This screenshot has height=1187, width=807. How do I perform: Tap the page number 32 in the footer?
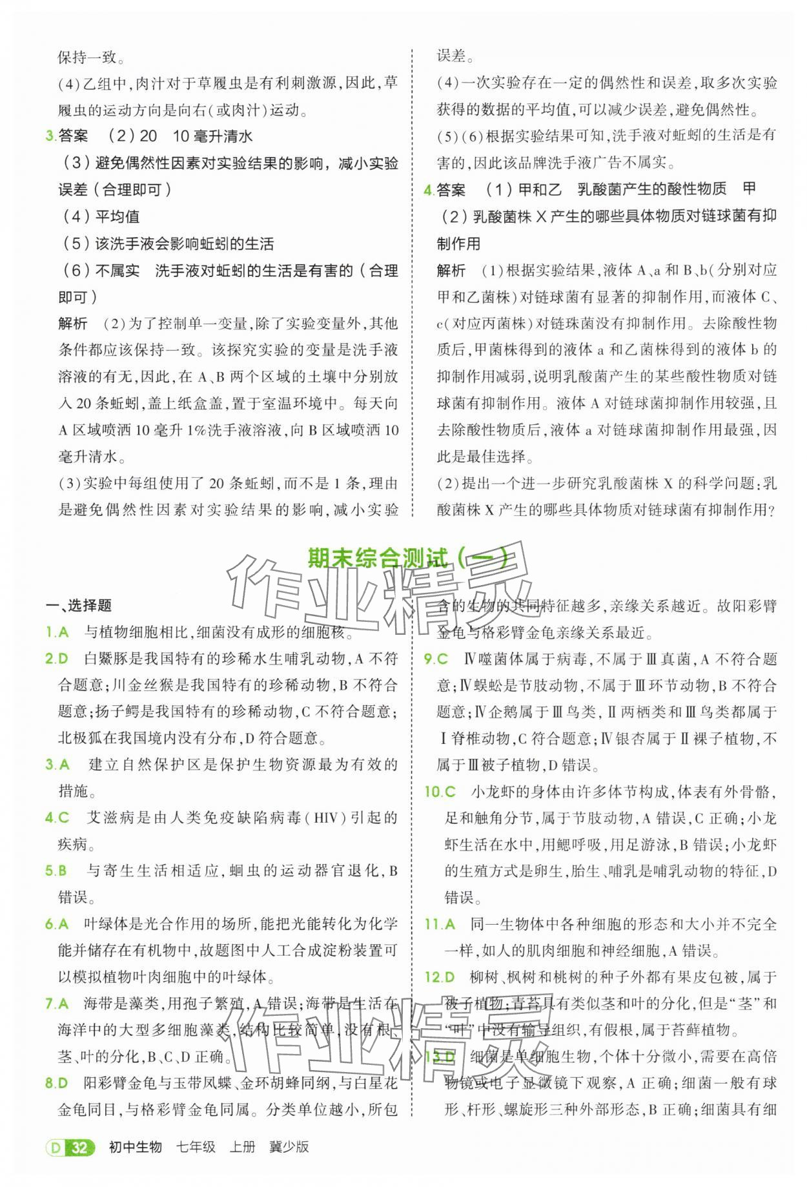[x=80, y=1147]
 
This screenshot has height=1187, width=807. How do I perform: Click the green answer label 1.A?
[x=57, y=632]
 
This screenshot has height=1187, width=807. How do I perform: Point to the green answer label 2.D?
[x=57, y=659]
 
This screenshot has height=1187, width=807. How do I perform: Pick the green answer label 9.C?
[x=436, y=659]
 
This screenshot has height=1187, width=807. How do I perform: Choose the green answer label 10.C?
[x=440, y=792]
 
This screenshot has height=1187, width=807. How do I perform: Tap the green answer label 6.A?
[x=57, y=924]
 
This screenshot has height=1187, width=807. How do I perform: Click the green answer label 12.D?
[x=440, y=977]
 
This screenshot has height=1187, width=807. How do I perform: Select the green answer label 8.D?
[x=57, y=1083]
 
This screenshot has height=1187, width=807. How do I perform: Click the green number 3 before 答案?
[x=49, y=136]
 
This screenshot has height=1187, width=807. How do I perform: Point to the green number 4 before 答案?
[x=427, y=189]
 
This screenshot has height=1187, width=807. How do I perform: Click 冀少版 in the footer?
[x=289, y=1147]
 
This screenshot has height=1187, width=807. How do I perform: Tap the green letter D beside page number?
[x=55, y=1148]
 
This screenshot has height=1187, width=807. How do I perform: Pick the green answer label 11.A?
[x=440, y=924]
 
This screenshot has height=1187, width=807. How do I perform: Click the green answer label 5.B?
[x=57, y=871]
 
